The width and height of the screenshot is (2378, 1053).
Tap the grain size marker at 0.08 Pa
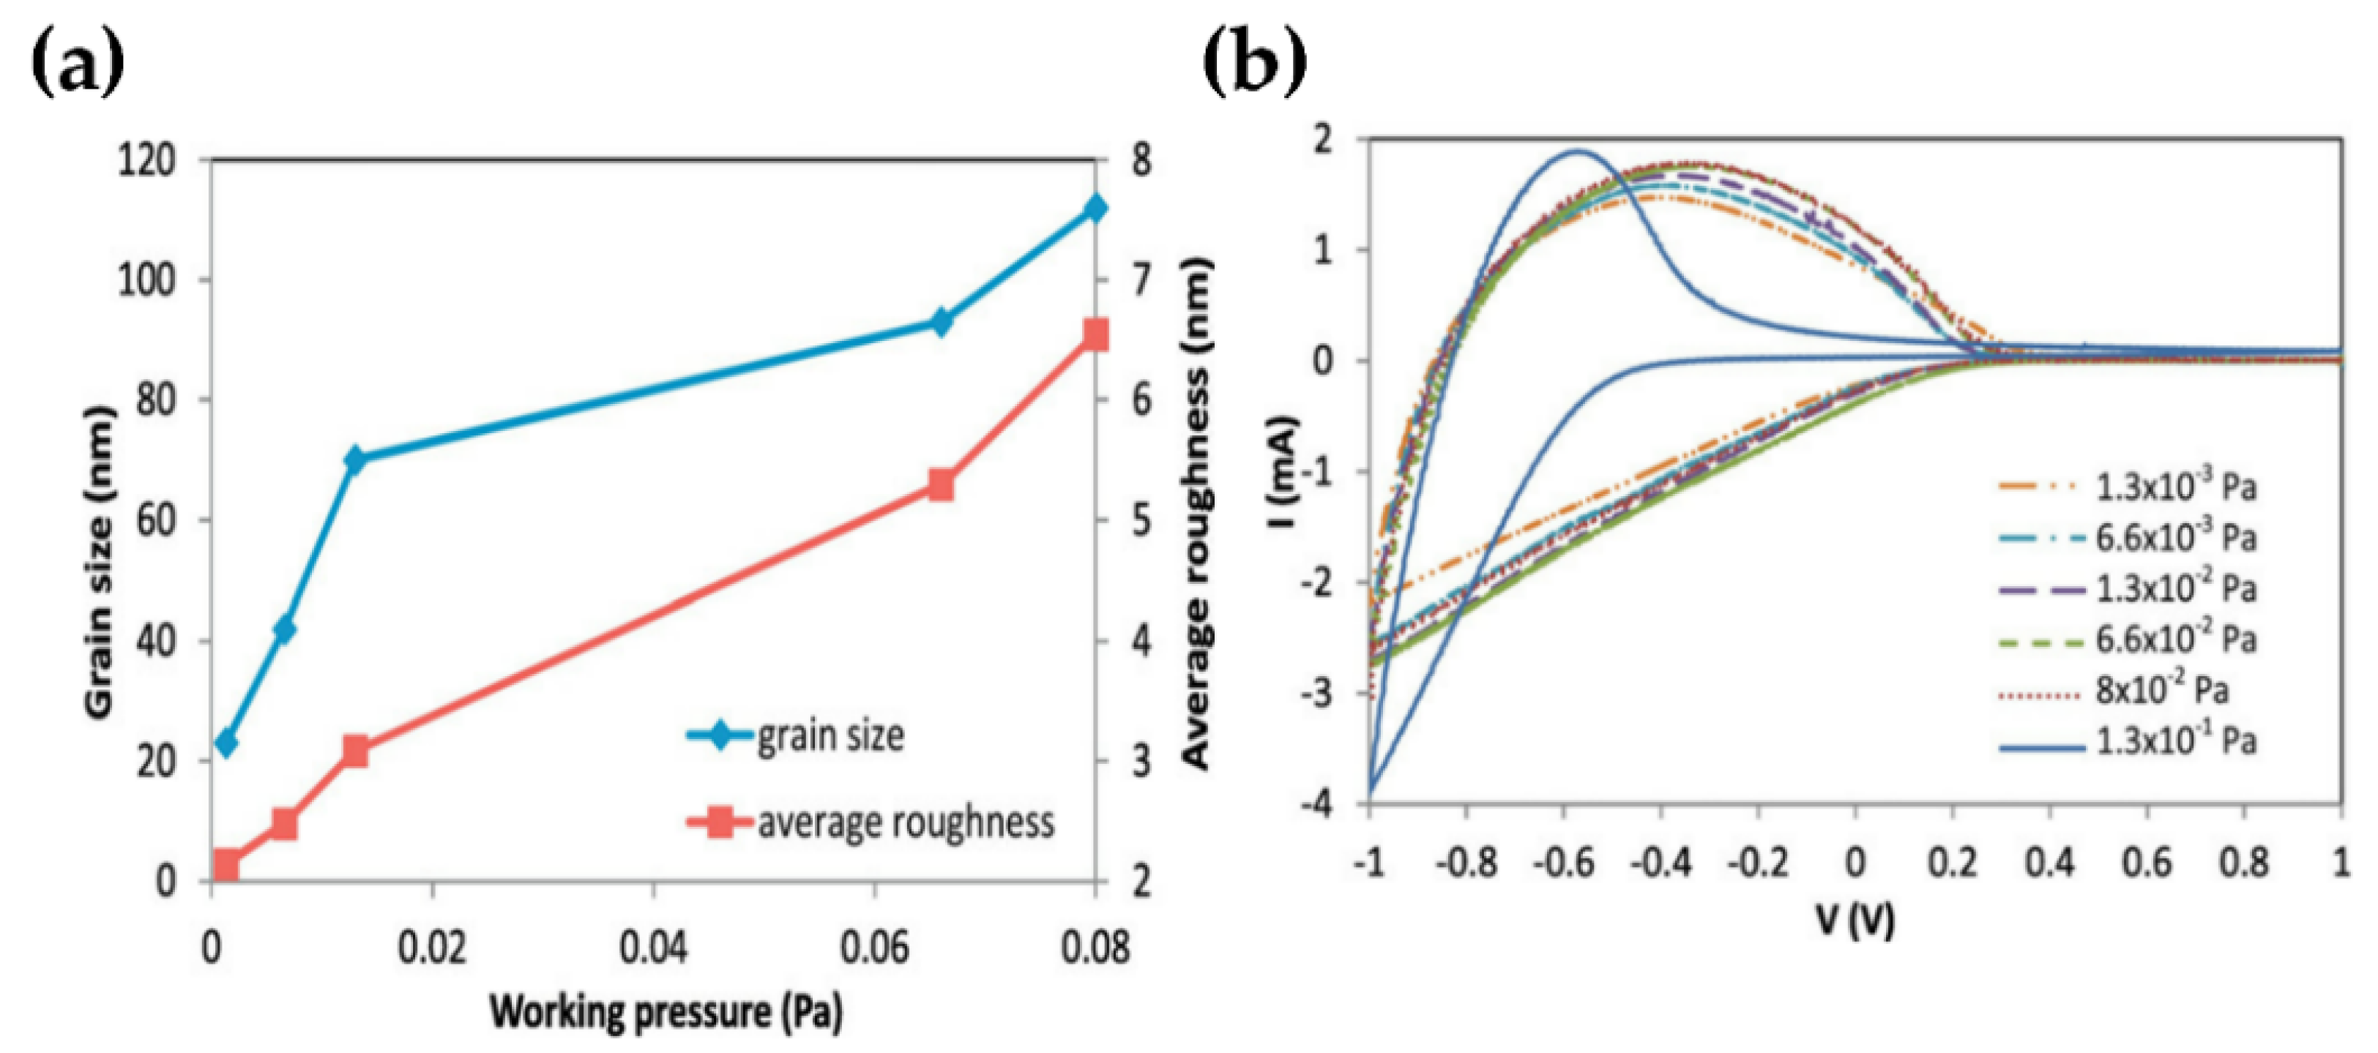1095,208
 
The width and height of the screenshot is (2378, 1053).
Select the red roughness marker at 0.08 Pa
1095,334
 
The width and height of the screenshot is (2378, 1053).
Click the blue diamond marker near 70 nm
355,458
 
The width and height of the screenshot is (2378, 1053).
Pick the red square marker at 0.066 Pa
941,484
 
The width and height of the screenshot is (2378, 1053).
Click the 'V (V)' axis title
1855,918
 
